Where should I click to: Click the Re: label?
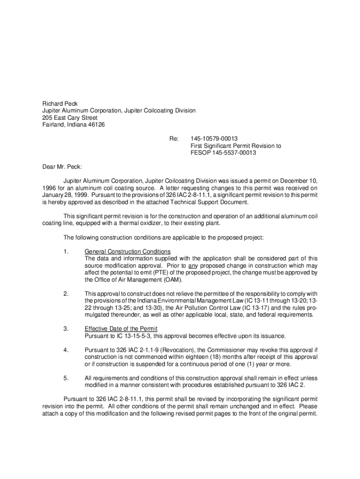174,139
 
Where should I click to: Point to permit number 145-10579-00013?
214,139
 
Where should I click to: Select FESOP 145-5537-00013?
223,153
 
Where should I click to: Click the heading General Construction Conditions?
127,252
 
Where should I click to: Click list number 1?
66,252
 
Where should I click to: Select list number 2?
66,294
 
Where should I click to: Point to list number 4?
66,350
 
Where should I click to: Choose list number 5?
66,378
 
